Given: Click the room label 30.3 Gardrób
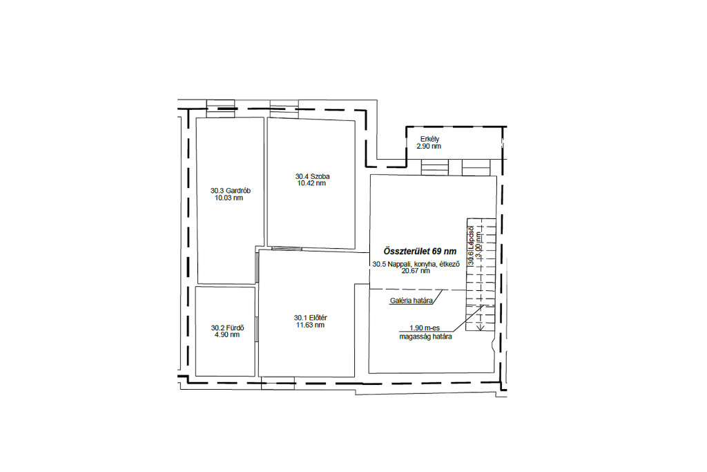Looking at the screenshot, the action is tap(231, 191).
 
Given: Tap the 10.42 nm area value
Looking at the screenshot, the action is tap(311, 183).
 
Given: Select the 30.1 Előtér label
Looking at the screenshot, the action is tap(310, 318).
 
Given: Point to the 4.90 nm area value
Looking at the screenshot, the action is tap(227, 334).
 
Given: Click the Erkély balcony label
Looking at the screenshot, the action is tap(429, 139).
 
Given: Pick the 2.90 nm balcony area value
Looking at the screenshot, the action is tap(429, 147).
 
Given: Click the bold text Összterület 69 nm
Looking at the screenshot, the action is tap(420, 252).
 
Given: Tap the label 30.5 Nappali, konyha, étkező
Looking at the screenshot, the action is tap(416, 264).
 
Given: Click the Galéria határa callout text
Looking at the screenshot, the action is tap(411, 301).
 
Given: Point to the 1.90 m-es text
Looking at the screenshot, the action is tap(425, 328).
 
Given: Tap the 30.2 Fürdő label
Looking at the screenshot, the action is tap(227, 328).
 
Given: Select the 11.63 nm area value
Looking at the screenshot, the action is tap(310, 325).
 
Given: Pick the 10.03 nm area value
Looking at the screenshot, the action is tap(229, 198).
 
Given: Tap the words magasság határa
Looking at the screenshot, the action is tap(425, 337).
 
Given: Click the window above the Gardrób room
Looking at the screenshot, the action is tap(220, 106).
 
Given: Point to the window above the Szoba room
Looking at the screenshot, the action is tap(284, 106).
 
